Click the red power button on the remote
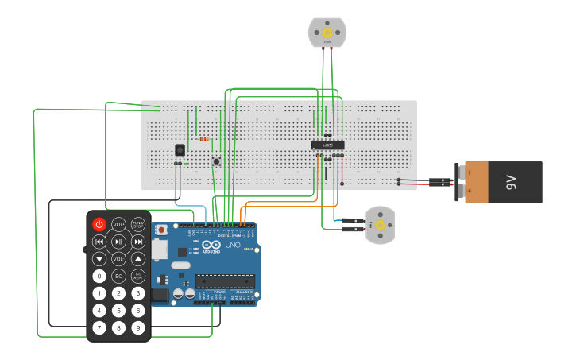click(x=99, y=225)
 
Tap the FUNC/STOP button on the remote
click(x=138, y=225)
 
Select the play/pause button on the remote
click(x=118, y=242)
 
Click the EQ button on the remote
click(x=118, y=276)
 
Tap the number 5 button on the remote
click(x=118, y=311)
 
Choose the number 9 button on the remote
click(x=138, y=327)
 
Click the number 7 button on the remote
click(x=99, y=327)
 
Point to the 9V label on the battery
click(x=512, y=183)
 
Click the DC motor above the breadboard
click(x=327, y=33)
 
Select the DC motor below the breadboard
click(x=379, y=225)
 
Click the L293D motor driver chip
click(x=327, y=145)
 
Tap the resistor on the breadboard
click(x=205, y=139)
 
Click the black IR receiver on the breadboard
click(x=180, y=149)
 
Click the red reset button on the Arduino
click(x=162, y=230)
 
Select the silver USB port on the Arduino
click(x=160, y=251)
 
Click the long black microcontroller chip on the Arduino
click(x=226, y=280)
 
